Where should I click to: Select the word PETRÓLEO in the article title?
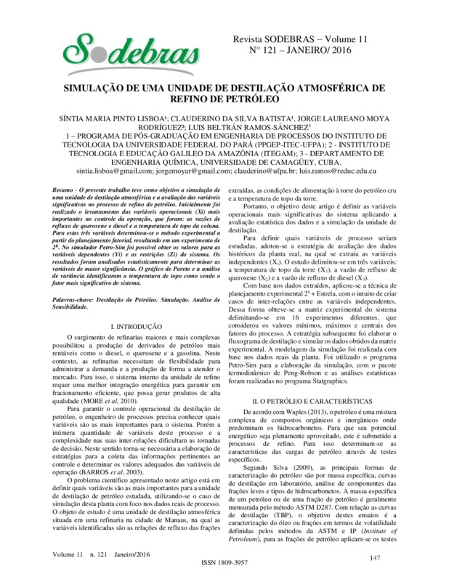click(251, 96)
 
